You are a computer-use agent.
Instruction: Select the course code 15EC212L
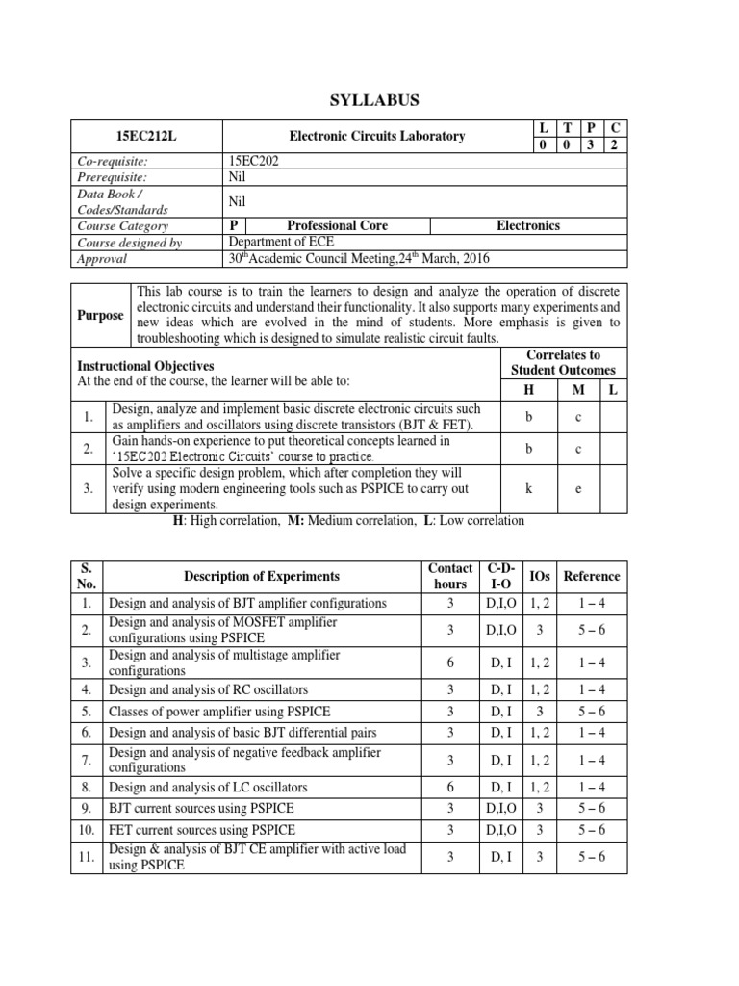pos(148,137)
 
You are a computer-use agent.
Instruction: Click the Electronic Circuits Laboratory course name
pos(377,137)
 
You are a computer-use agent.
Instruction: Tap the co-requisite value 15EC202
pos(253,162)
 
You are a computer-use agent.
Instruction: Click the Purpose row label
pos(101,315)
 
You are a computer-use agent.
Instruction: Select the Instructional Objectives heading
pos(145,367)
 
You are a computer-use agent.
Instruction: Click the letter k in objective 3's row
pos(529,489)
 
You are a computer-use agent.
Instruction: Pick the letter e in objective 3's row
pos(578,489)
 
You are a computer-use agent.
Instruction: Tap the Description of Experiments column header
pos(262,576)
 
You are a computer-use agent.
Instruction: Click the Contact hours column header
pos(450,576)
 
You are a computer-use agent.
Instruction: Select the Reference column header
pos(591,576)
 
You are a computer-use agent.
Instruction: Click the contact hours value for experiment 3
pos(450,662)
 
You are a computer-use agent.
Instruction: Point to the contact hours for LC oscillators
pos(450,787)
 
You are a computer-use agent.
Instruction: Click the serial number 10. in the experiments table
pos(88,829)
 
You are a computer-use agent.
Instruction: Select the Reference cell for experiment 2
pos(591,630)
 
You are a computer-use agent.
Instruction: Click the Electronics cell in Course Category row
pos(528,225)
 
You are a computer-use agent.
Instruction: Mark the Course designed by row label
pos(130,243)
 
